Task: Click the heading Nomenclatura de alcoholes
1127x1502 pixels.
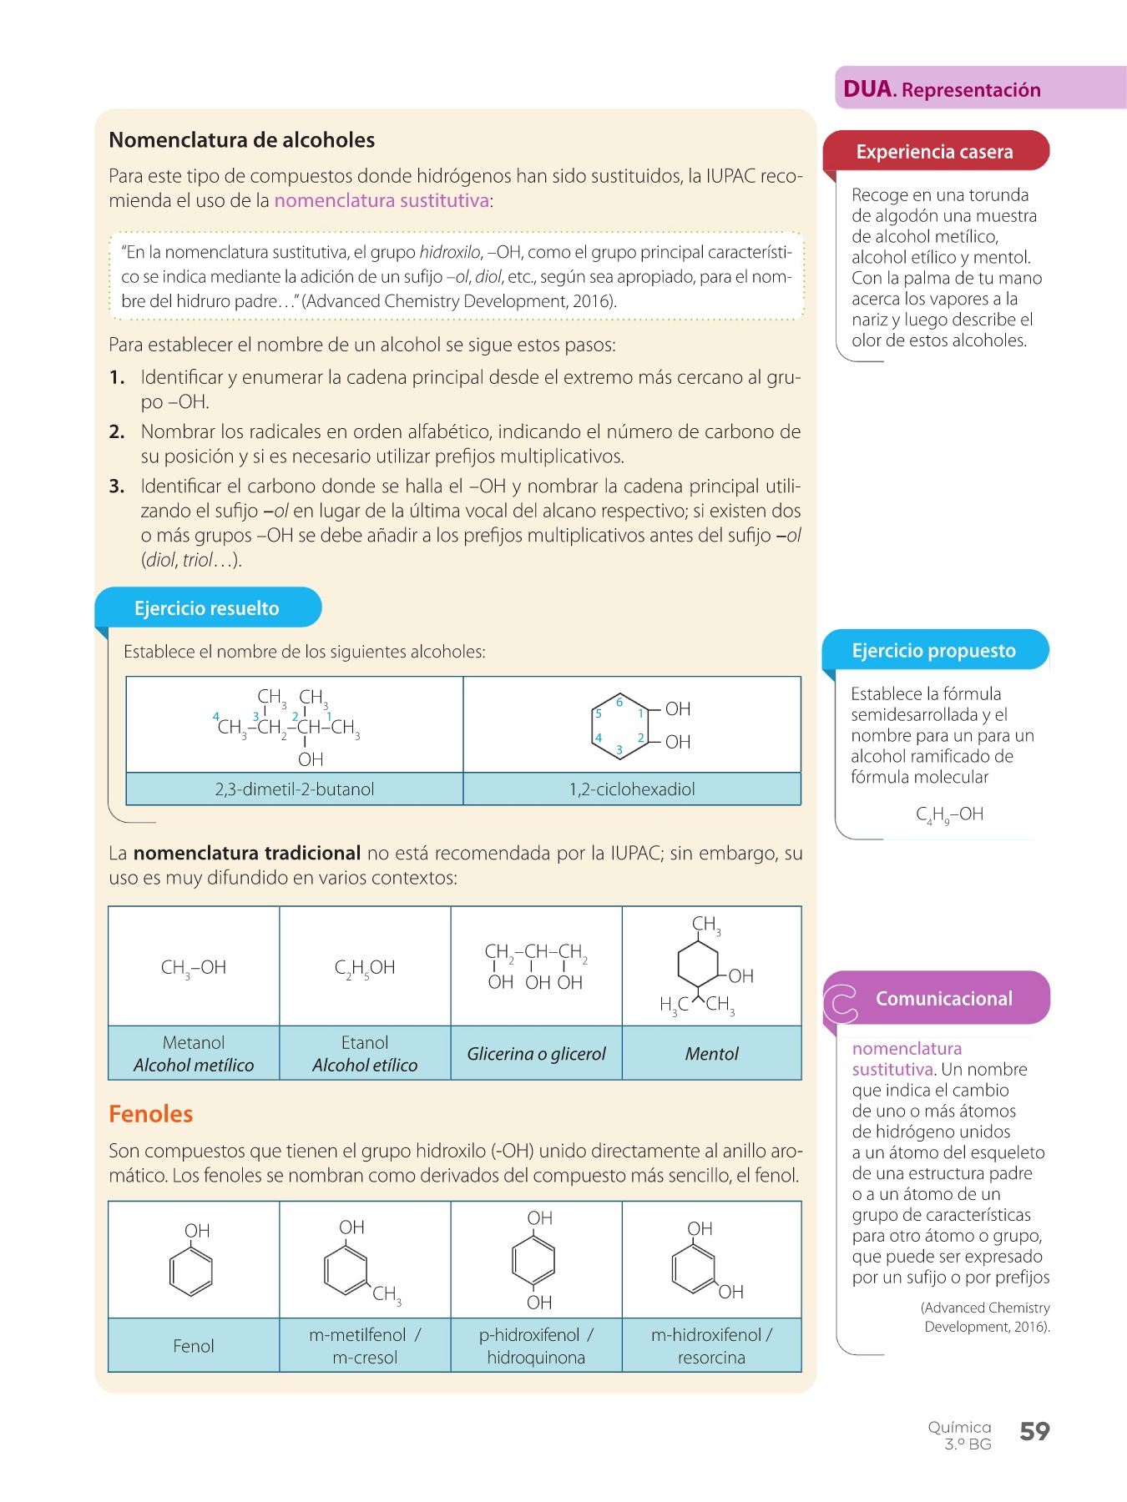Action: pos(242,140)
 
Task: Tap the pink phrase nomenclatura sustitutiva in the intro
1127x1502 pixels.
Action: pos(382,201)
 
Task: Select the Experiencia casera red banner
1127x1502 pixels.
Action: pos(935,152)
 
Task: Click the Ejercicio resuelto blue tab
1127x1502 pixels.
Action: pos(207,608)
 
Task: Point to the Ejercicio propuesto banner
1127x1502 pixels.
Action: pos(934,651)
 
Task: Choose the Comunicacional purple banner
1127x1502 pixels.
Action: pos(943,999)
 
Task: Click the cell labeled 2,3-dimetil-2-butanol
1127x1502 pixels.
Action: pos(295,789)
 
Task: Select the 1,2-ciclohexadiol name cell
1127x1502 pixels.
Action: pos(632,789)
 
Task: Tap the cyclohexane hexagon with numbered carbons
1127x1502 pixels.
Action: pos(619,725)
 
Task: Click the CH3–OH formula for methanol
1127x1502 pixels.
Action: pos(194,968)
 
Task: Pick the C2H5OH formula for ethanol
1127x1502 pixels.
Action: pos(365,968)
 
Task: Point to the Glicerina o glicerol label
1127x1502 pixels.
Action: pos(536,1054)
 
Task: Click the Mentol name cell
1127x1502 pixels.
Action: pos(711,1054)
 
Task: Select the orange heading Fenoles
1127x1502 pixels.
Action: pos(151,1114)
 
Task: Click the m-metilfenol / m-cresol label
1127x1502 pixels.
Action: pos(365,1346)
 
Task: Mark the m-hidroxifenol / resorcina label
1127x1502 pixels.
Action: pos(711,1346)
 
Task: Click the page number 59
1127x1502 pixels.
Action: pos(1034,1432)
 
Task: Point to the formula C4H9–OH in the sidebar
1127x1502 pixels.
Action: pos(949,814)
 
